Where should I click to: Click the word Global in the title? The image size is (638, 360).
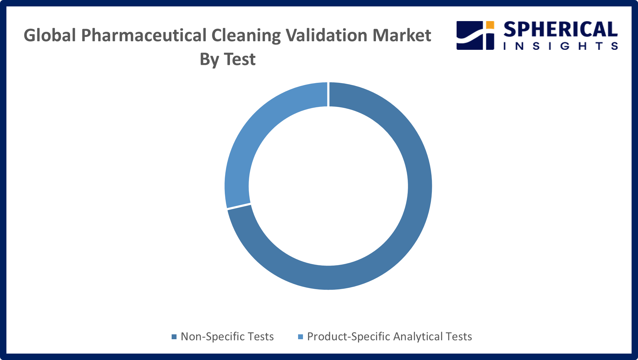(x=50, y=35)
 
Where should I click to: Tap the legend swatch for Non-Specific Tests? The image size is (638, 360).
(x=174, y=337)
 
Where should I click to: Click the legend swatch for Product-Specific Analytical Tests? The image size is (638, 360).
(x=301, y=337)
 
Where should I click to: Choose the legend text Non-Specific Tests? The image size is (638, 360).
(x=227, y=336)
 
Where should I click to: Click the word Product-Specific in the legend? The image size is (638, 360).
(x=349, y=337)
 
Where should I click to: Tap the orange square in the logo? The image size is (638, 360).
(x=490, y=25)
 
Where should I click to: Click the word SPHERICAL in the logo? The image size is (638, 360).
(x=560, y=30)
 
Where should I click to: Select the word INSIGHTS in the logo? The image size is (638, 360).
(x=561, y=46)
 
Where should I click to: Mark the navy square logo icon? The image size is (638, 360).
(x=475, y=35)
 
